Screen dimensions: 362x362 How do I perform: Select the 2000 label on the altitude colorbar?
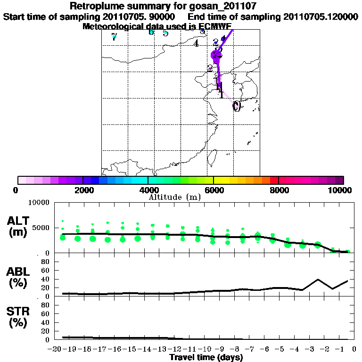point(82,190)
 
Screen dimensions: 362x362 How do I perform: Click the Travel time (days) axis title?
point(206,358)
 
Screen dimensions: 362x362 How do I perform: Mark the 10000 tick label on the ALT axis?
point(40,203)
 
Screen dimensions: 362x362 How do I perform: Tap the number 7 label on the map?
point(114,37)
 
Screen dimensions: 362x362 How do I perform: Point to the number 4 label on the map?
point(196,43)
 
